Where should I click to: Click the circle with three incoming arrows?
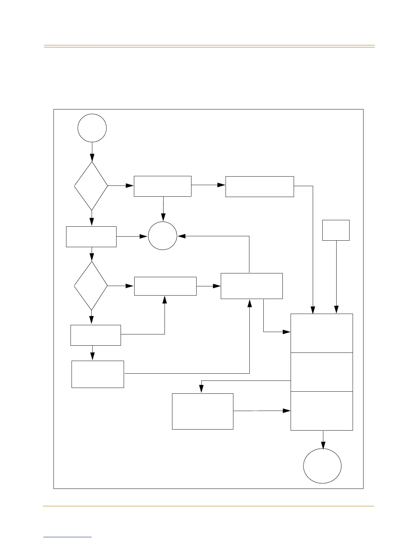[x=163, y=236]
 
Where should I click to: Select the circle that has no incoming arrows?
[x=92, y=128]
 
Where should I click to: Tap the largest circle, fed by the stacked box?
[x=322, y=466]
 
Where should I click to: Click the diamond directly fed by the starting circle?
[x=91, y=186]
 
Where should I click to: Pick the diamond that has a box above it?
[x=91, y=285]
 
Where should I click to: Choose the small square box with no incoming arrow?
[x=336, y=230]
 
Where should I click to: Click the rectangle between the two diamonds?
[x=91, y=237]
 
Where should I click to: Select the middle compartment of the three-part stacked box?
[x=322, y=372]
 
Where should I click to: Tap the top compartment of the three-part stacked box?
[x=322, y=333]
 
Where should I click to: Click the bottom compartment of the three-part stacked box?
[x=322, y=411]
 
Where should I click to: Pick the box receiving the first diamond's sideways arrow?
[x=163, y=186]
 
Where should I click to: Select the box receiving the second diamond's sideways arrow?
[x=165, y=286]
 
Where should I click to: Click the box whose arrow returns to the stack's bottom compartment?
[x=203, y=411]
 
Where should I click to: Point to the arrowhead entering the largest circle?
[x=323, y=445]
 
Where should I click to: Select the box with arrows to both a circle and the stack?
[x=251, y=286]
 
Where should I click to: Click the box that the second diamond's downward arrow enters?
[x=95, y=335]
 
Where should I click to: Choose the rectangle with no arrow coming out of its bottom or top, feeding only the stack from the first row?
[x=260, y=186]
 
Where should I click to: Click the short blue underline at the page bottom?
[x=67, y=537]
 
